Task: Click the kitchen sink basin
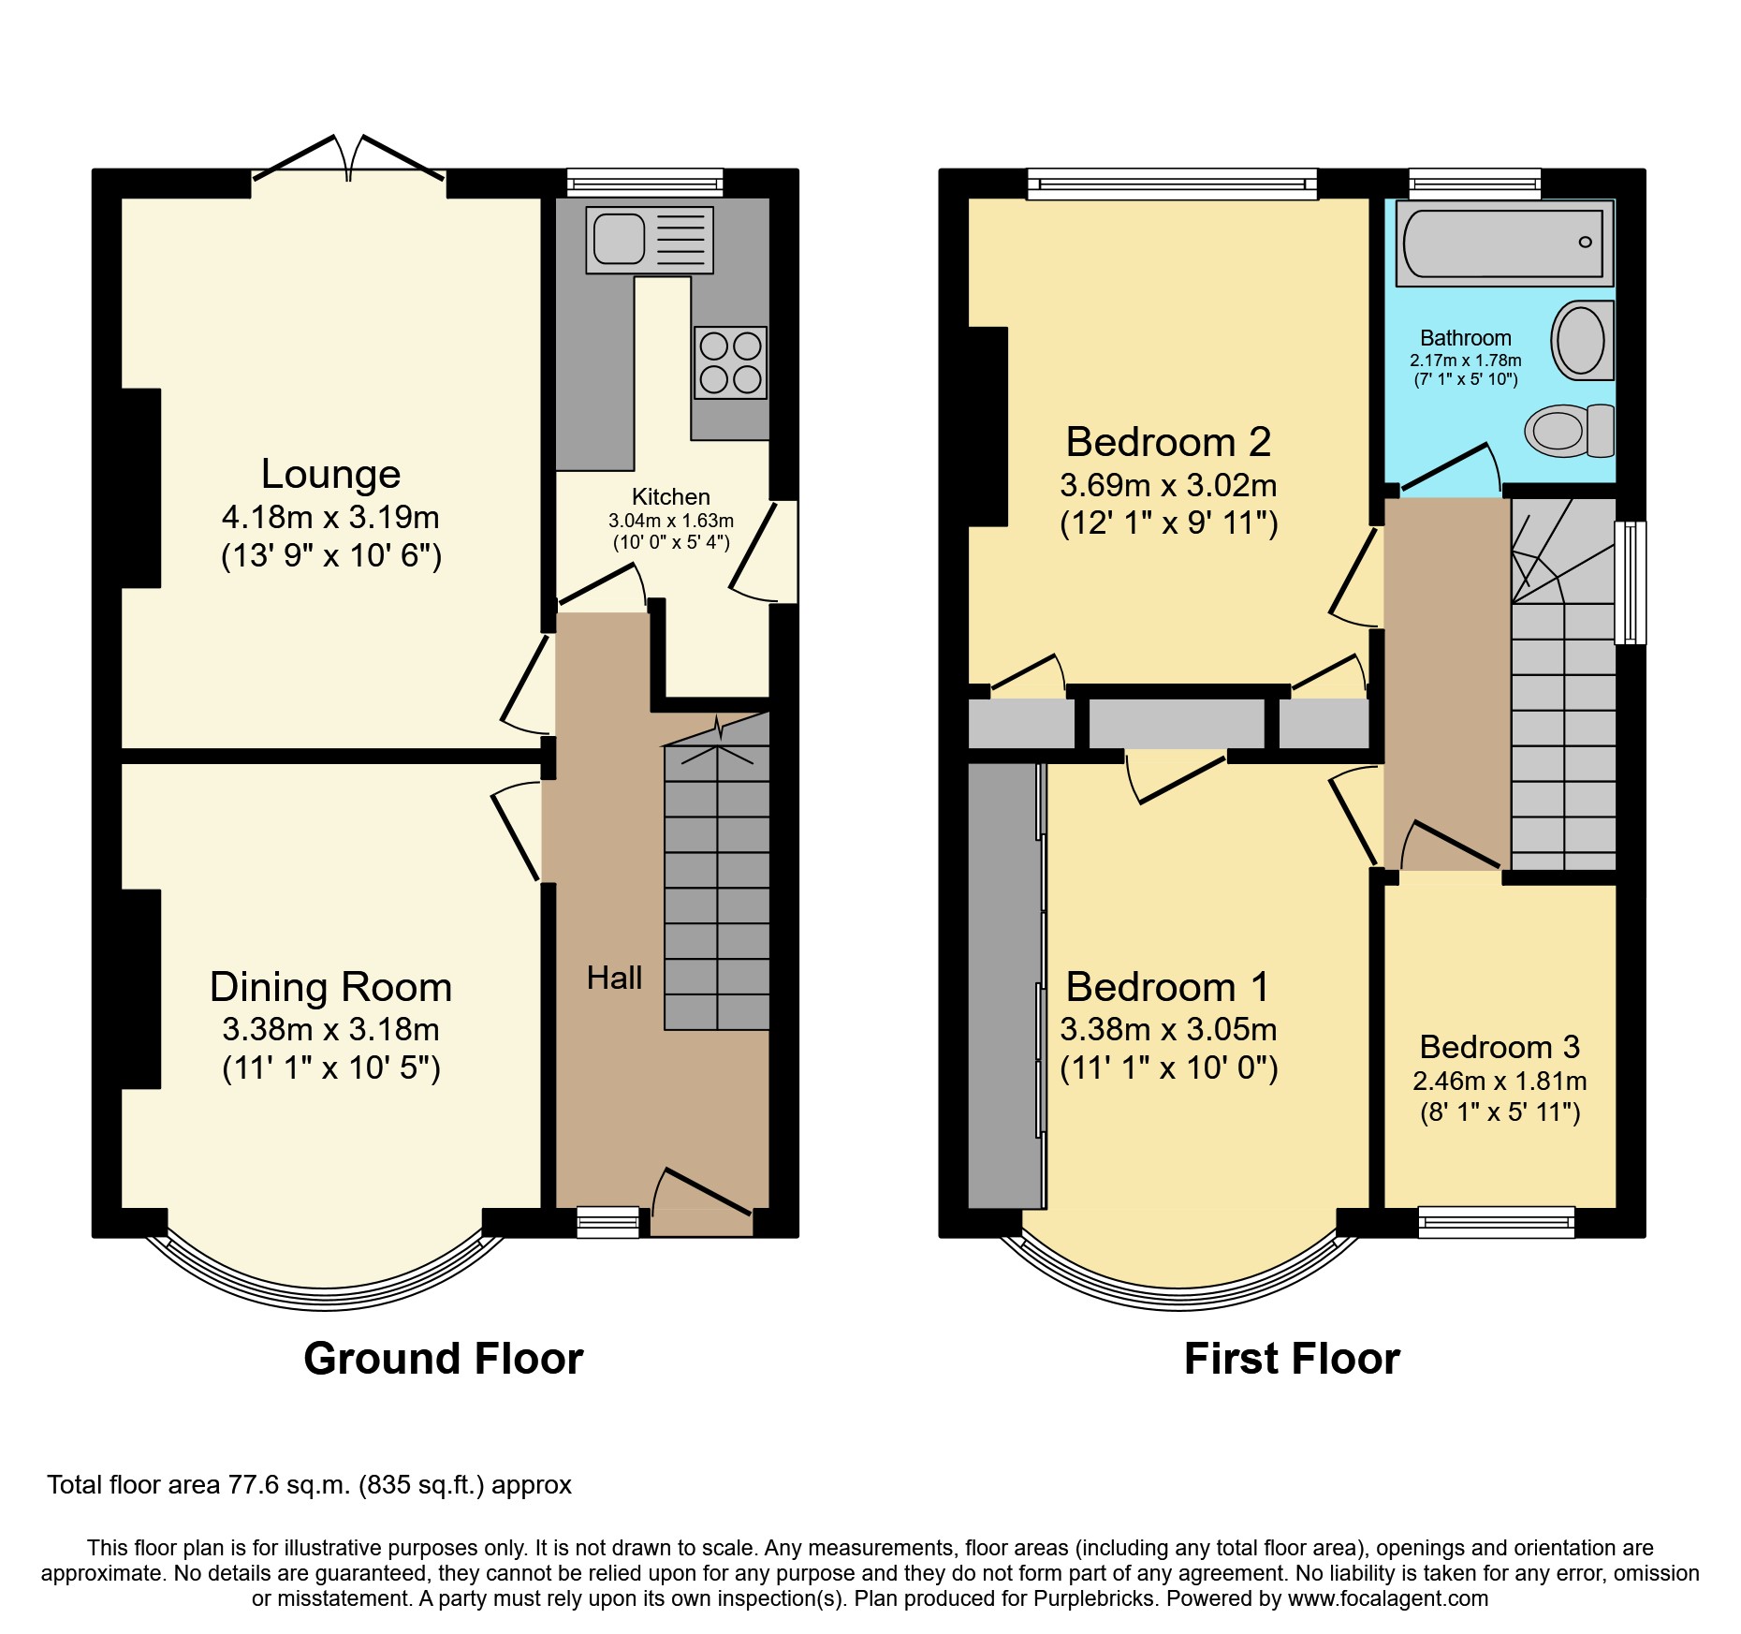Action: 618,239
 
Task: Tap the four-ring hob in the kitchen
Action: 730,363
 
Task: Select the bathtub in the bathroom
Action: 1503,243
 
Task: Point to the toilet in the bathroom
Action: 1569,431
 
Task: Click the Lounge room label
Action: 330,474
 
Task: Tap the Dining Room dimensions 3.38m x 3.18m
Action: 330,1029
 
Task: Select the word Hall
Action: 614,979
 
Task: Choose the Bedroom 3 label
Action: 1499,1047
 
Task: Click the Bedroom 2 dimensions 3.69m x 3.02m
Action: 1168,485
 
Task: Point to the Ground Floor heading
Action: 443,1359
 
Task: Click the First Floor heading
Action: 1292,1359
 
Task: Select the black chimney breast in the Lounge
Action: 140,488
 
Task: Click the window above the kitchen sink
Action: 645,182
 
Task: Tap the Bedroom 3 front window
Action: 1496,1222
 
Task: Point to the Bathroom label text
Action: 1465,338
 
